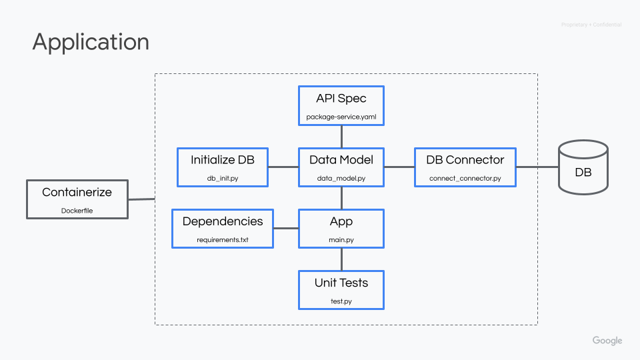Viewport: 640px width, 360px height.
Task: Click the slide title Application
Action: [x=91, y=42]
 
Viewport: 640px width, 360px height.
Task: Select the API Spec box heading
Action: [x=341, y=99]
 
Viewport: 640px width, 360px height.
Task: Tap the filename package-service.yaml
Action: [x=341, y=117]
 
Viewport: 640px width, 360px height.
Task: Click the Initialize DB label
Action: [x=222, y=160]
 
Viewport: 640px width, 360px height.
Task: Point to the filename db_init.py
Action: [x=222, y=179]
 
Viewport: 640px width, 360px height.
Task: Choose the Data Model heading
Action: [x=341, y=160]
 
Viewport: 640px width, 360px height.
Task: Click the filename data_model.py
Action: [x=341, y=179]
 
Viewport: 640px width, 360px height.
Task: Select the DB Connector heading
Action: [x=465, y=160]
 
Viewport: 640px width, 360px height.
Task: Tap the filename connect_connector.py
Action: [x=465, y=179]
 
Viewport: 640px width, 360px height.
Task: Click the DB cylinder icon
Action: [x=583, y=167]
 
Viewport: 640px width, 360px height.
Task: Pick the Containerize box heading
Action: [x=77, y=192]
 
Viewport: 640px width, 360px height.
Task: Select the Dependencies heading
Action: [x=223, y=221]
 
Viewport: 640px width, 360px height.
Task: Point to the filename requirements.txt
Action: [x=223, y=240]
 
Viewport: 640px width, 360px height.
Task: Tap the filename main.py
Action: [x=341, y=240]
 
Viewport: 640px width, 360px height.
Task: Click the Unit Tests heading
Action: [x=341, y=283]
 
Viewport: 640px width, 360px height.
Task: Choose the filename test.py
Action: [x=341, y=301]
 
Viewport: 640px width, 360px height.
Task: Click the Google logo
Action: [x=607, y=341]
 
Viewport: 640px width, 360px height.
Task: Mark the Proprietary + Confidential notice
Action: [x=591, y=25]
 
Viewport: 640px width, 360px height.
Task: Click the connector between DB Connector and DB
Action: [x=537, y=167]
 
